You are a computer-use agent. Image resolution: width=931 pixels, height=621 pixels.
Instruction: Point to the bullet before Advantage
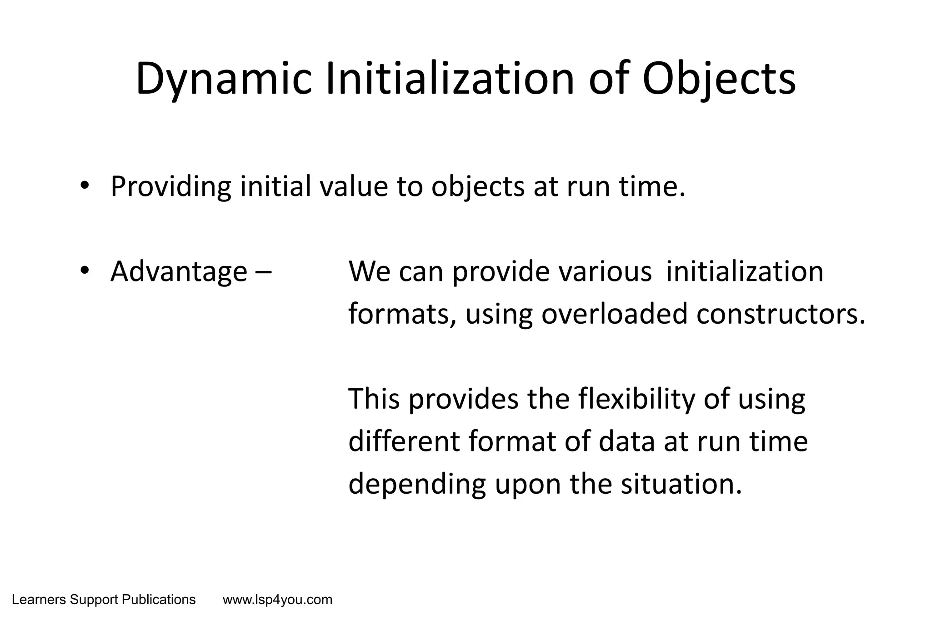(x=85, y=270)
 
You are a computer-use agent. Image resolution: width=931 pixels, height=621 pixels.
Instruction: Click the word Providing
(x=170, y=186)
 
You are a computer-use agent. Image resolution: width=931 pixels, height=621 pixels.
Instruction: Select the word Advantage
(x=179, y=271)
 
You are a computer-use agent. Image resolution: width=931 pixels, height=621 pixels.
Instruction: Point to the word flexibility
(x=636, y=399)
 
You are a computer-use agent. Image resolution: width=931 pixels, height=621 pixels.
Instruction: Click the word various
(x=605, y=271)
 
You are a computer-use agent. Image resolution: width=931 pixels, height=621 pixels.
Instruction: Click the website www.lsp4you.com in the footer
(x=277, y=600)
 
